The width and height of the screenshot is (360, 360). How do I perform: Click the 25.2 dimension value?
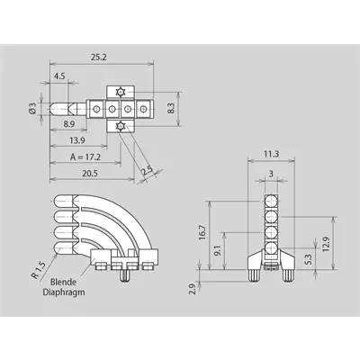[99, 57]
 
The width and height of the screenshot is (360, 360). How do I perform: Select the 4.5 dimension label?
[59, 76]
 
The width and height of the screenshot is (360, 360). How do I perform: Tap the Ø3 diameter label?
[32, 108]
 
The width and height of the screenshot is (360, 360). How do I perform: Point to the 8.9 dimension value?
[69, 124]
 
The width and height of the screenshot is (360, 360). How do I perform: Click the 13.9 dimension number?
[77, 140]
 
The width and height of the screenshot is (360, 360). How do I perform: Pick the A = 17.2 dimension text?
[85, 157]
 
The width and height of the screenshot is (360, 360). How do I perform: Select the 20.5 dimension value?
[90, 174]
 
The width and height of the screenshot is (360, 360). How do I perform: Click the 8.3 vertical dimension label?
[170, 108]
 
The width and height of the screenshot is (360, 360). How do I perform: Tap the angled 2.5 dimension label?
[148, 171]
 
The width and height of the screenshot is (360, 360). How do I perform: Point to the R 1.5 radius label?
[39, 270]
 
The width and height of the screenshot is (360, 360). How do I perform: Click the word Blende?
[63, 282]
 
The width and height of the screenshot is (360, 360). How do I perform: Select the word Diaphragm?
[64, 292]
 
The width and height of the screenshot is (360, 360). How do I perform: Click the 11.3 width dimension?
[271, 154]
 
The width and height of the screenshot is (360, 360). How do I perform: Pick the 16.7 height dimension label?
[202, 232]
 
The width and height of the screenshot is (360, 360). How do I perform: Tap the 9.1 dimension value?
[218, 250]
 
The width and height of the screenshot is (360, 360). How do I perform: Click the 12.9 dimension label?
[327, 245]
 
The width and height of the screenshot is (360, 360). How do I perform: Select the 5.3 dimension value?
[310, 259]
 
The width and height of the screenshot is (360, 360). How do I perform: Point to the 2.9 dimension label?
[193, 289]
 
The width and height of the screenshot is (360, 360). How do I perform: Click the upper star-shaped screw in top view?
[121, 92]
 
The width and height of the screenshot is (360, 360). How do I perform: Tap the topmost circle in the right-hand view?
[271, 201]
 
